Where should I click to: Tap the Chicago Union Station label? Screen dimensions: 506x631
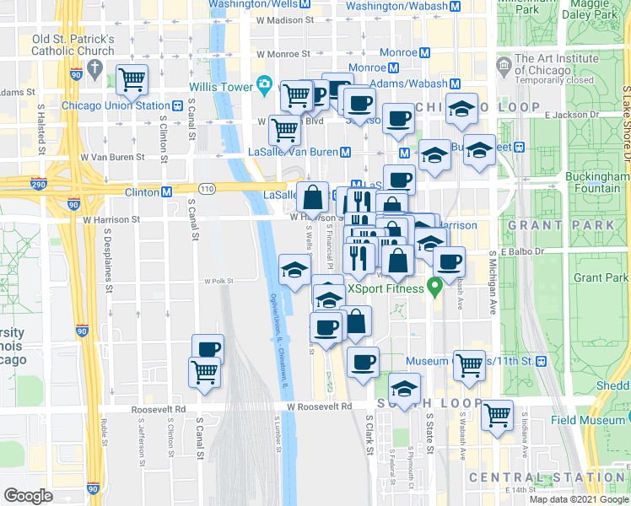click(x=116, y=106)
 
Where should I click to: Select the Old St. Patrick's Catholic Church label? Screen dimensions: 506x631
click(x=73, y=45)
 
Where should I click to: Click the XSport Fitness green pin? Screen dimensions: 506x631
click(x=435, y=288)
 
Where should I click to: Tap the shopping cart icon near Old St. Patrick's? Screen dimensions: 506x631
click(x=132, y=80)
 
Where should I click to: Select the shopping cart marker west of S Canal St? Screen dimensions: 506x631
click(x=205, y=372)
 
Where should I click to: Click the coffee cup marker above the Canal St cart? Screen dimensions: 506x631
click(x=208, y=348)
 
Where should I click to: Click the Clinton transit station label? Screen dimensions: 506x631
click(x=137, y=192)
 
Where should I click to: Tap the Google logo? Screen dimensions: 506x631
click(x=28, y=496)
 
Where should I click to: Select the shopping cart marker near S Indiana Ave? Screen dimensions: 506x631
click(x=498, y=413)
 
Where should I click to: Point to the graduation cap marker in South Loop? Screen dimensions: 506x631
click(x=405, y=390)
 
